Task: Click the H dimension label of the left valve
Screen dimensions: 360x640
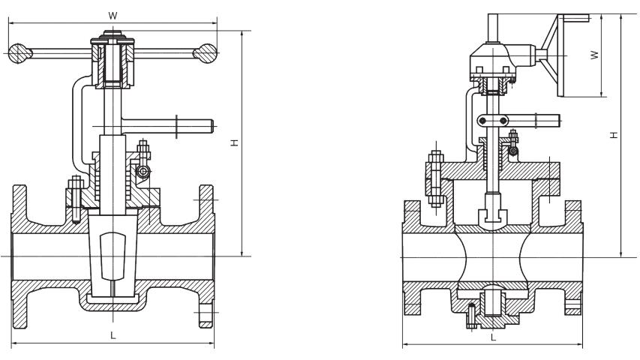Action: pos(234,141)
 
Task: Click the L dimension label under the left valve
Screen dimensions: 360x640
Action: pos(113,335)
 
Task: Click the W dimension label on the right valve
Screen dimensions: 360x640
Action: pos(594,55)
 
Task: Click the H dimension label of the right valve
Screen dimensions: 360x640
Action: pos(614,135)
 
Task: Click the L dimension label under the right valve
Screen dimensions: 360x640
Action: pos(492,337)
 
